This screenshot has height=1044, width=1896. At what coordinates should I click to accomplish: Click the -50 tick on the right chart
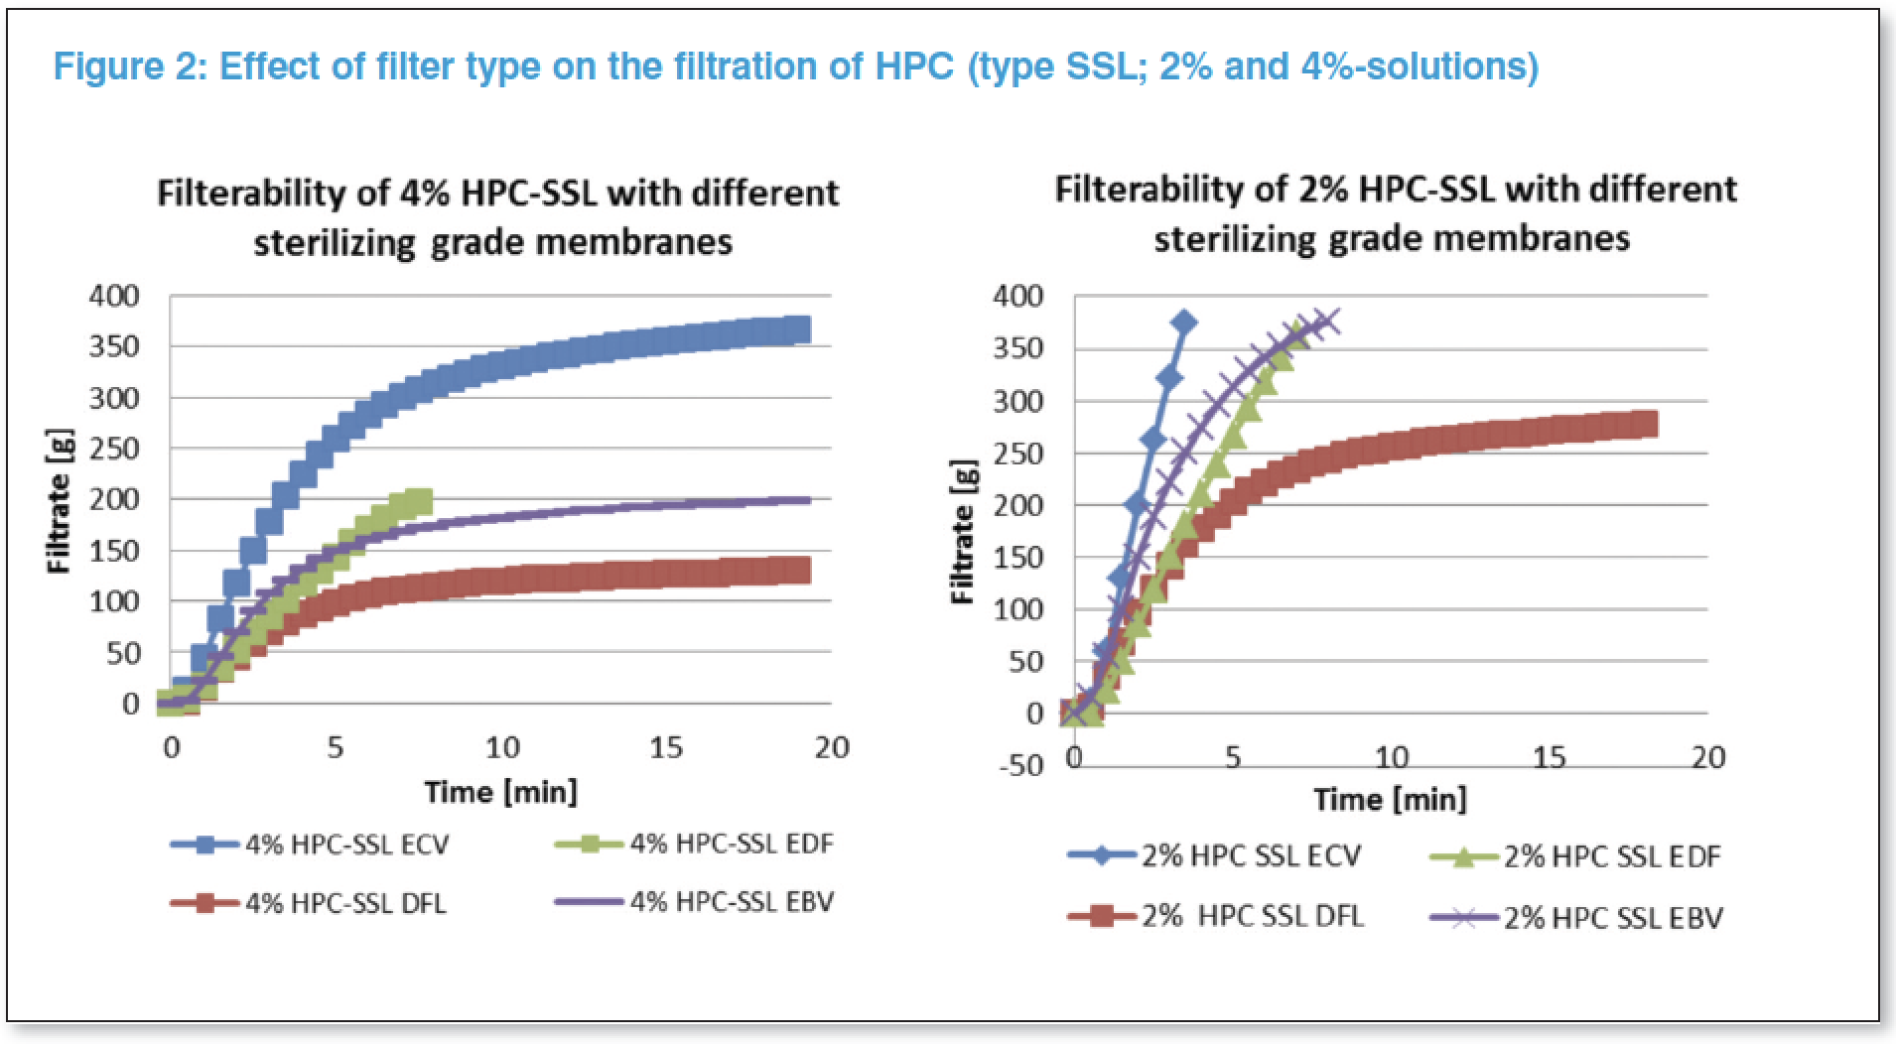[1020, 766]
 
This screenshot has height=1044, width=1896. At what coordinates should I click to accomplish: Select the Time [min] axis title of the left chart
[500, 792]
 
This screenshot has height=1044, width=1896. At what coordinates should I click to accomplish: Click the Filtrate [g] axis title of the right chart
[962, 533]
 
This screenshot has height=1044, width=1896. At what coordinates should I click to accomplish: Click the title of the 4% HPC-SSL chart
[496, 216]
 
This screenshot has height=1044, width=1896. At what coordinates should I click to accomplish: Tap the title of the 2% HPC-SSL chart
[1395, 213]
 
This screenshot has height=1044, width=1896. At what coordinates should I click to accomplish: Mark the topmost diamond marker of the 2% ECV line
[1183, 323]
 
